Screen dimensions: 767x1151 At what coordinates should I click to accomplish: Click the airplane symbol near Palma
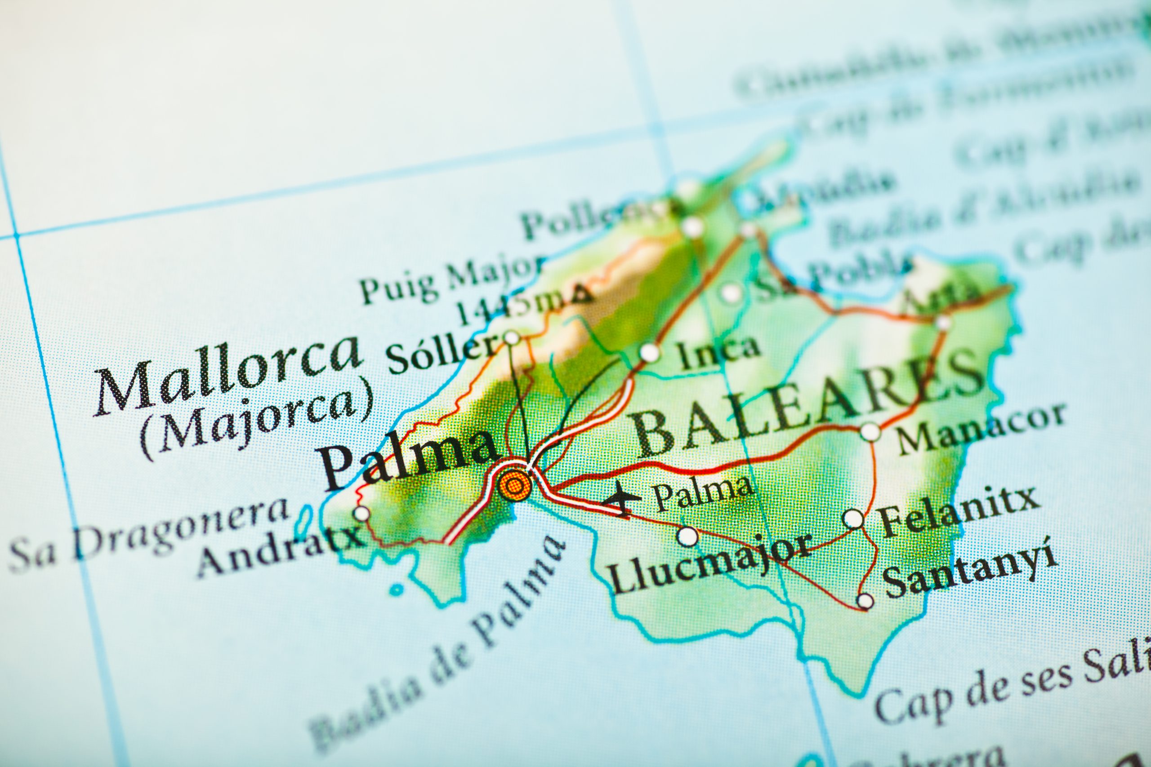click(621, 498)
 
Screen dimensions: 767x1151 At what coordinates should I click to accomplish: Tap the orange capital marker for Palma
click(512, 485)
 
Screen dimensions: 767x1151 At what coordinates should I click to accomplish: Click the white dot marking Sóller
click(511, 337)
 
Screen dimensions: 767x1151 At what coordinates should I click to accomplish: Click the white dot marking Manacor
click(870, 432)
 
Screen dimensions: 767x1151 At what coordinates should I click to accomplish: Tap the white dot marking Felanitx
click(853, 518)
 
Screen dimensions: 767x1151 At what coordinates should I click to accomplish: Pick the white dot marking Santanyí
click(865, 600)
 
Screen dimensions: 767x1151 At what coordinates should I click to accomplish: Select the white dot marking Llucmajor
click(687, 536)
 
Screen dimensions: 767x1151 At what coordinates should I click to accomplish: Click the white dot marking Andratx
click(361, 514)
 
